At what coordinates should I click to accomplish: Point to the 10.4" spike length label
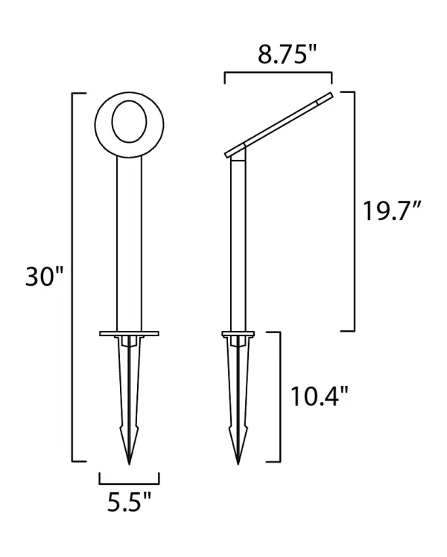[320, 396]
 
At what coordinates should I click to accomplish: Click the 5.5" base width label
[129, 503]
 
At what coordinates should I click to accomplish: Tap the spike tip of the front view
[129, 463]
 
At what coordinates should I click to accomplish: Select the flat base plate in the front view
[129, 333]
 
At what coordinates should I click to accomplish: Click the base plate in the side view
[238, 333]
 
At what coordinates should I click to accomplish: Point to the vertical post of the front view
[129, 238]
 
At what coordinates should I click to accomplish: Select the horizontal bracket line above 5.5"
[129, 483]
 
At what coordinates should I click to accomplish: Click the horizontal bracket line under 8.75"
[278, 73]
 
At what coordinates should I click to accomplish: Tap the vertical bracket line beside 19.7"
[354, 212]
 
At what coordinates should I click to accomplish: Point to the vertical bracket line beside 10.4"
[279, 396]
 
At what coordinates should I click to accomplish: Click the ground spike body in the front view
[129, 394]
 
